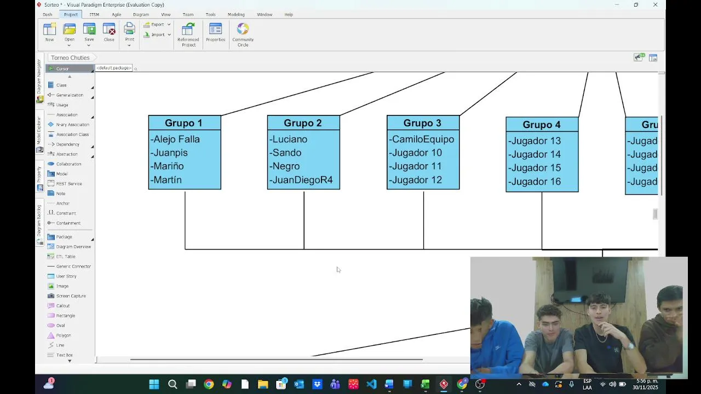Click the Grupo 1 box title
point(183,123)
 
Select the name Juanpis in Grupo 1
point(170,153)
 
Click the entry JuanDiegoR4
point(302,180)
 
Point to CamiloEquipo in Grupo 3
point(423,140)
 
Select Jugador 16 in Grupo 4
point(535,182)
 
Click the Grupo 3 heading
point(422,123)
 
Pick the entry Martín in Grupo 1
point(168,180)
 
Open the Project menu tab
point(71,14)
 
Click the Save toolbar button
point(89,32)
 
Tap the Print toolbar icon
point(129,32)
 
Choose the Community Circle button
point(243,34)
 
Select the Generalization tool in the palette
point(70,95)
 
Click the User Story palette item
point(66,276)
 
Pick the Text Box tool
point(64,355)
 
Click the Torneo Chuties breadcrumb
point(70,57)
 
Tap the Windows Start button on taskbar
point(154,384)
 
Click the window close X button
point(655,5)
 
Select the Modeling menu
point(236,14)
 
